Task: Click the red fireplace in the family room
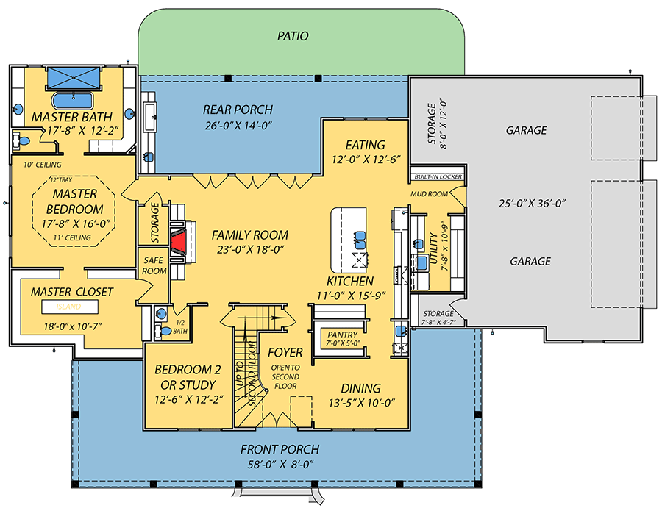coord(179,243)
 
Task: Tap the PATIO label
coord(293,35)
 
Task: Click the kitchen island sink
coord(360,237)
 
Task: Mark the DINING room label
coord(360,388)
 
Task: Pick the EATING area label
coord(366,145)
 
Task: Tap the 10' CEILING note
coord(43,164)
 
